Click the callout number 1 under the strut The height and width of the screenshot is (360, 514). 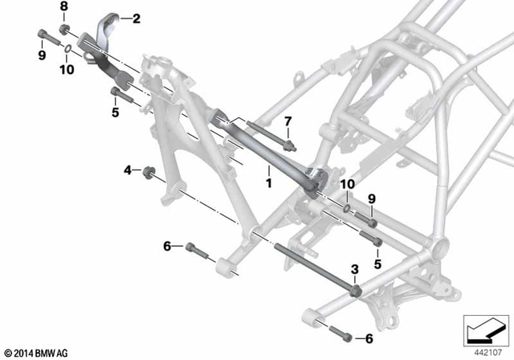269,184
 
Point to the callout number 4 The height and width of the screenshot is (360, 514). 127,170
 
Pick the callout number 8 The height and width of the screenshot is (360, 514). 64,6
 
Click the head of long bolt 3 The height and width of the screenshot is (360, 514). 354,291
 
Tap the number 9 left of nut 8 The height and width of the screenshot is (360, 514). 42,55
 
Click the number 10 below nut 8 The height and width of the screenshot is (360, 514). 66,70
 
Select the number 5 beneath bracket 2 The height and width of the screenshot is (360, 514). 115,112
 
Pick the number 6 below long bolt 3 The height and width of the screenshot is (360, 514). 369,338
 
